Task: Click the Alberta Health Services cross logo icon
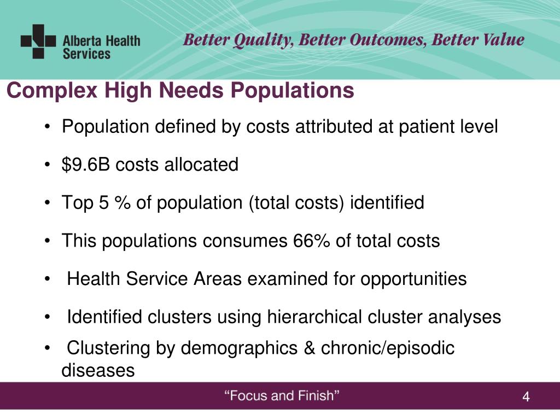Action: pos(38,41)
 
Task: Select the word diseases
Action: pos(98,370)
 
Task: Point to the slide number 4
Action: pos(526,398)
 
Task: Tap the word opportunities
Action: pos(413,279)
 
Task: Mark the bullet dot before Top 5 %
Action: pos(50,203)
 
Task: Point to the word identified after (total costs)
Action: pos(387,203)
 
